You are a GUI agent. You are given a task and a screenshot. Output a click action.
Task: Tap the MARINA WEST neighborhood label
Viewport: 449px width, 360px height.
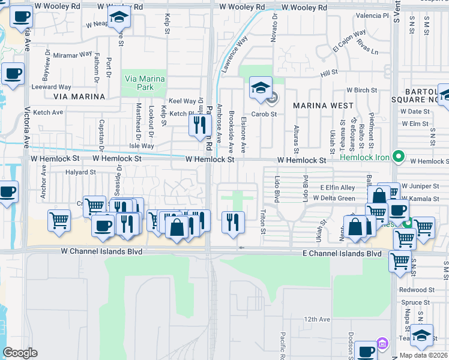[323, 105]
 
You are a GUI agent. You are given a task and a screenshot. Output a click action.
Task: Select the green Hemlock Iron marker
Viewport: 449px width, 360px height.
[398, 157]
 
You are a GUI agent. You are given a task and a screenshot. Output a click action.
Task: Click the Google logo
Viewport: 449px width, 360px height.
[20, 353]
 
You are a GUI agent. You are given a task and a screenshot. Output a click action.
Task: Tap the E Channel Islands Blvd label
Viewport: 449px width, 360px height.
[342, 254]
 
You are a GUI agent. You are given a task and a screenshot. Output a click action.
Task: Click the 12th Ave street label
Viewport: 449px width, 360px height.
[317, 319]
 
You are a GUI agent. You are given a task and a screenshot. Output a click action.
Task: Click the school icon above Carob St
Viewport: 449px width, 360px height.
[261, 88]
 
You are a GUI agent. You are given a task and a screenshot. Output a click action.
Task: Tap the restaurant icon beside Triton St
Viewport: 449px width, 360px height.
[232, 221]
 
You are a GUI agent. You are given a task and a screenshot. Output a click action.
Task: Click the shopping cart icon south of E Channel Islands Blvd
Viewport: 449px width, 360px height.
[399, 262]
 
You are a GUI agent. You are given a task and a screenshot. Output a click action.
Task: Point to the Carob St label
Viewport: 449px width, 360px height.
[264, 113]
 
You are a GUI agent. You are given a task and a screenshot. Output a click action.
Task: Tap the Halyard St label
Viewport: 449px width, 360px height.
[80, 172]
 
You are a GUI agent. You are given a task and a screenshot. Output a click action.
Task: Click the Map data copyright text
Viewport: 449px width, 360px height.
[423, 355]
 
